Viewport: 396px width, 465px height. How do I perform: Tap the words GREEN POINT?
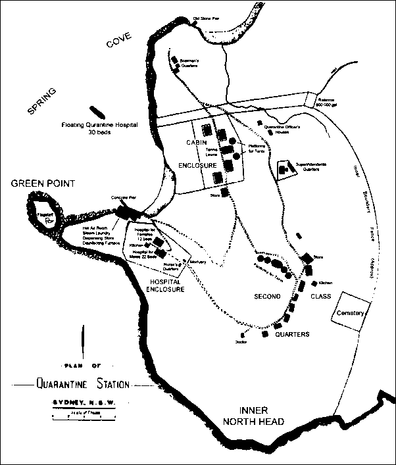43,183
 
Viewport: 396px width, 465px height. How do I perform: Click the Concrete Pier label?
119,197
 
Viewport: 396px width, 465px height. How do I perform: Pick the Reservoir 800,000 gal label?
327,102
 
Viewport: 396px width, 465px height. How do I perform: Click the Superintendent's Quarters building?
283,170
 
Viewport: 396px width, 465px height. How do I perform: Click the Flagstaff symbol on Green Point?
48,222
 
